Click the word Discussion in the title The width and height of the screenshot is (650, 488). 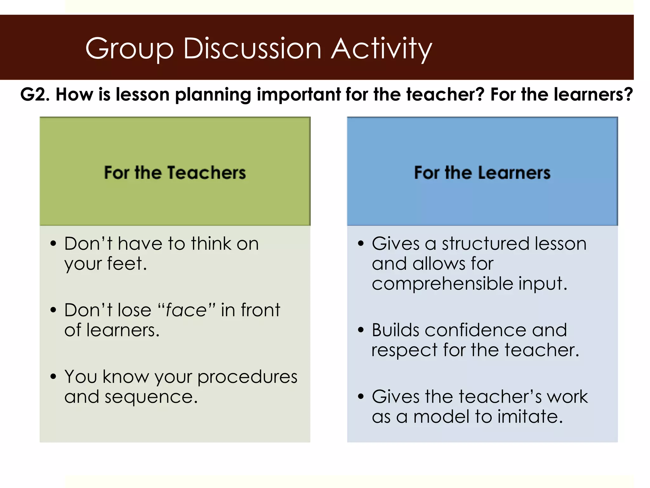(x=252, y=49)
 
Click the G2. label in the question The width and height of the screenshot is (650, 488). (x=35, y=95)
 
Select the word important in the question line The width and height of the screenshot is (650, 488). (x=298, y=95)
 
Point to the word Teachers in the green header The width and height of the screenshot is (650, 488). (x=206, y=173)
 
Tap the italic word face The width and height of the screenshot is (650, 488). (x=186, y=310)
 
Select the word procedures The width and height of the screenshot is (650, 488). (x=247, y=377)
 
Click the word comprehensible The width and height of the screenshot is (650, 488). (x=442, y=283)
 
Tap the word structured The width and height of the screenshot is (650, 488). (x=486, y=244)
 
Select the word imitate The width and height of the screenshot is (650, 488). (x=530, y=417)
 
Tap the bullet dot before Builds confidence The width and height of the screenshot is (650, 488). (x=361, y=330)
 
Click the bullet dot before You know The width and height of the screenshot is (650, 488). (x=53, y=376)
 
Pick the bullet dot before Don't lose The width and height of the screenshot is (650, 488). (x=53, y=310)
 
